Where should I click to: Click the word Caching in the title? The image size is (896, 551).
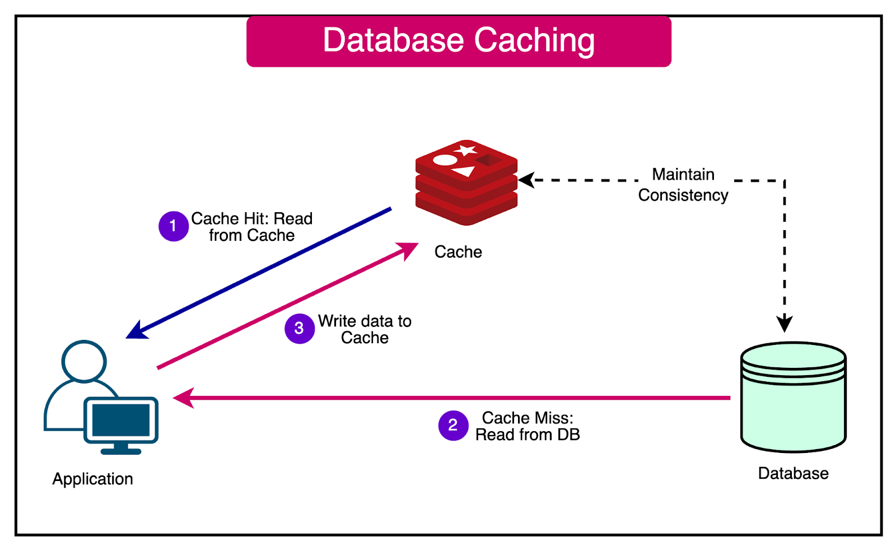click(x=534, y=41)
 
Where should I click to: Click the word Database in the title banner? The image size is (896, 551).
click(x=393, y=41)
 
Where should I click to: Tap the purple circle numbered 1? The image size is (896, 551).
click(x=173, y=226)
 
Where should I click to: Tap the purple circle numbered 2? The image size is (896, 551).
click(x=453, y=426)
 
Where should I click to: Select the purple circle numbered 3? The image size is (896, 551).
click(x=299, y=329)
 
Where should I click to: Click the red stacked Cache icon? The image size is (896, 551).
click(x=466, y=185)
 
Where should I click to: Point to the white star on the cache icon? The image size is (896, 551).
click(x=466, y=150)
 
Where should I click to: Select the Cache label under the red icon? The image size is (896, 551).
click(x=458, y=252)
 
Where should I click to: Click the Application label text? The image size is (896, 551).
click(x=92, y=479)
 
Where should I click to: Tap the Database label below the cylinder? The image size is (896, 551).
click(x=793, y=474)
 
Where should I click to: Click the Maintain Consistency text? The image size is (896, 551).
click(x=683, y=185)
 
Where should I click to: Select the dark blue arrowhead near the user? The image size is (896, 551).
click(x=136, y=331)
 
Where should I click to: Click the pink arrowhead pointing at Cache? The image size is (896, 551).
click(x=409, y=250)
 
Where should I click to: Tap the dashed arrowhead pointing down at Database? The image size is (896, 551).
click(x=785, y=324)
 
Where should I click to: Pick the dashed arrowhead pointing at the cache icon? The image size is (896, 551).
click(x=526, y=180)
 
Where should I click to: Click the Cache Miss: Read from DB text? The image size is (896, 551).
click(x=528, y=426)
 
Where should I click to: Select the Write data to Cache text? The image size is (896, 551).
click(x=365, y=329)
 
